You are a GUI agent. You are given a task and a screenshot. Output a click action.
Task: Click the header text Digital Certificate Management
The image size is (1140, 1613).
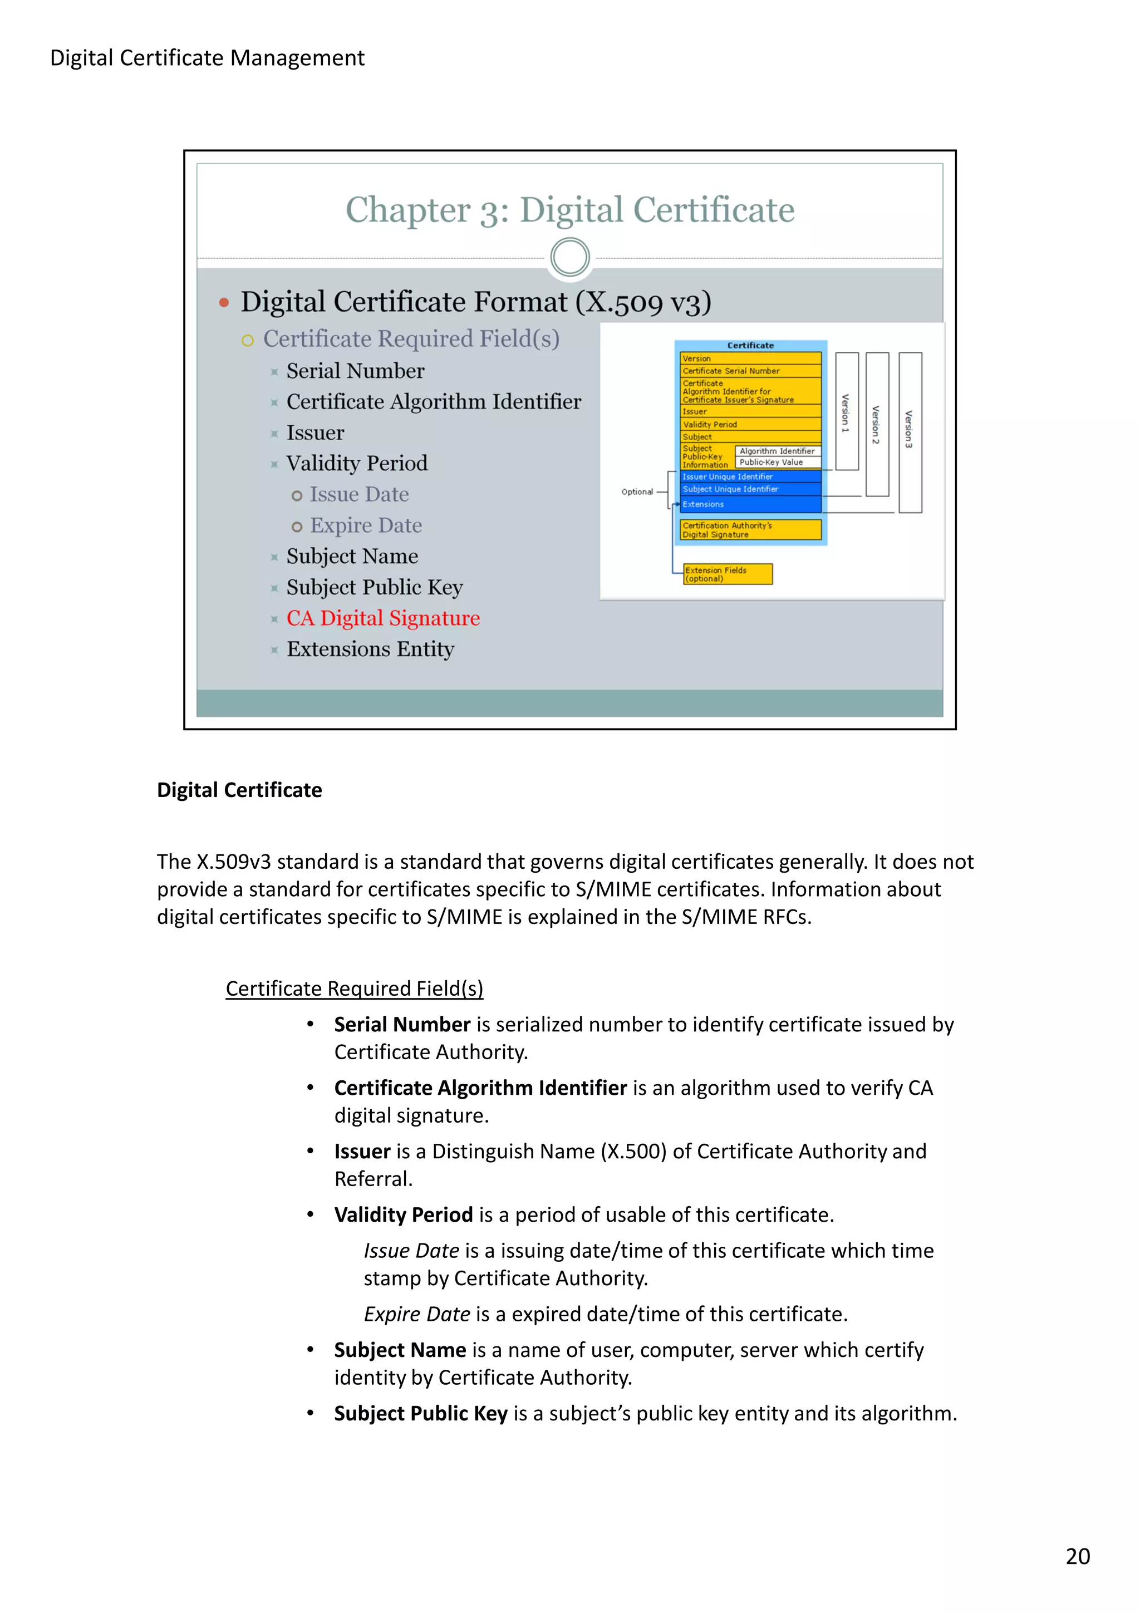point(207,58)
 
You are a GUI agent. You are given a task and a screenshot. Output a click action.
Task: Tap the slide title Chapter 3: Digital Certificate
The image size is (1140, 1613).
point(569,209)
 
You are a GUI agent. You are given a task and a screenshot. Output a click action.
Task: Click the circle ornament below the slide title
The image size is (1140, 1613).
point(569,257)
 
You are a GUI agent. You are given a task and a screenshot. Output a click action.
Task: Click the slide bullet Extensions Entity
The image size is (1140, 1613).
point(370,648)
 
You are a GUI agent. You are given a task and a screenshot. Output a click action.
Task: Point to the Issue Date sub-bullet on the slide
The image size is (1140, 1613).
point(359,495)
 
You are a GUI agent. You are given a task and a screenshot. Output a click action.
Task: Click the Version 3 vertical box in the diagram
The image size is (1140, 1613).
point(910,431)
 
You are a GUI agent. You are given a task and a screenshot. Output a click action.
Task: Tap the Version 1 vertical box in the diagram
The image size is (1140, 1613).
point(847,411)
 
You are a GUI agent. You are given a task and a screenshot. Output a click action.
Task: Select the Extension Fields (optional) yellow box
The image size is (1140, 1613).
point(727,574)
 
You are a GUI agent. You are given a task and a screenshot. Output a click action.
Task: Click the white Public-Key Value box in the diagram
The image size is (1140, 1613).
point(778,463)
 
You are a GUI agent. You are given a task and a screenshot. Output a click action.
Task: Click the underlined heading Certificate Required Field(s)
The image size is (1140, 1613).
point(354,989)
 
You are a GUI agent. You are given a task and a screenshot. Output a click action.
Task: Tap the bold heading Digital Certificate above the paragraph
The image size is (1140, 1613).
point(239,790)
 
